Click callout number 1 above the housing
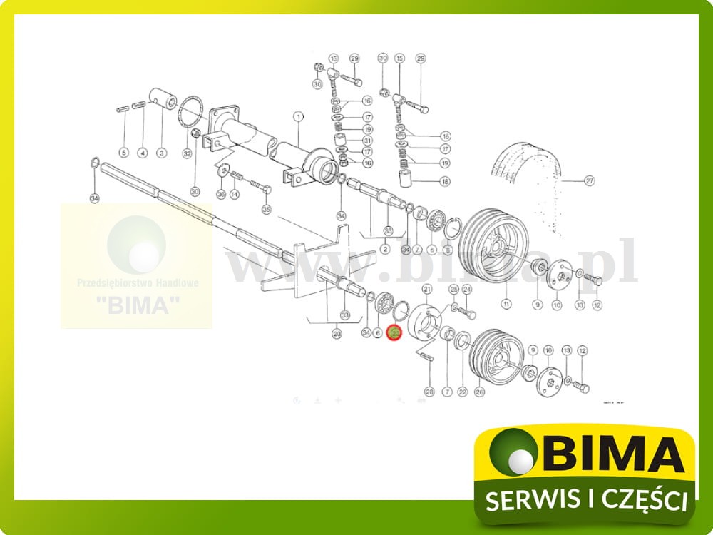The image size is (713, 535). click(x=298, y=116)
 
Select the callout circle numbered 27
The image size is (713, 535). click(x=589, y=180)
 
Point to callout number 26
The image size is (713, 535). click(x=480, y=391)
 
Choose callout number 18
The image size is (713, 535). click(x=445, y=182)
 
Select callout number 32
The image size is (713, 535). click(x=187, y=153)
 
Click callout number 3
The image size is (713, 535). click(x=161, y=153)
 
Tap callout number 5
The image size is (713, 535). click(x=123, y=153)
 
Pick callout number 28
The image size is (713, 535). click(x=429, y=391)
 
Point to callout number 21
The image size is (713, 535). click(x=428, y=288)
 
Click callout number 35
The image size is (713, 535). click(x=267, y=210)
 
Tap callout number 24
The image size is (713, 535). click(x=467, y=289)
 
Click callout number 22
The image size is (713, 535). click(x=462, y=391)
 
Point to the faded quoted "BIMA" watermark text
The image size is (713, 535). click(x=137, y=305)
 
